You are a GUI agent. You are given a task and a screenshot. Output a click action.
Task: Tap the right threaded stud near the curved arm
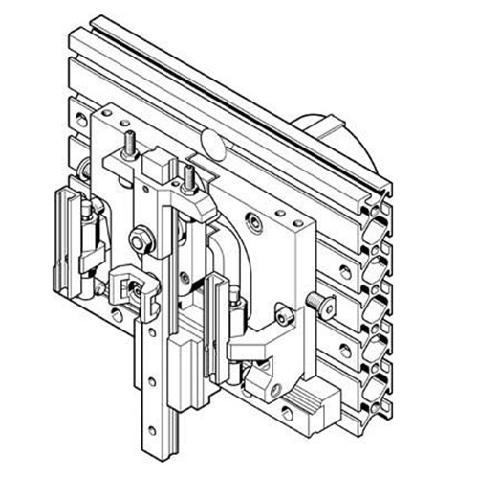point(190,178)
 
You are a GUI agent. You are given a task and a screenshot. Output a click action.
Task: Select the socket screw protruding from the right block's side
point(323,307)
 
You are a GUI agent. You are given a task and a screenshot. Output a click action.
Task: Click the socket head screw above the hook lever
point(284,313)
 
